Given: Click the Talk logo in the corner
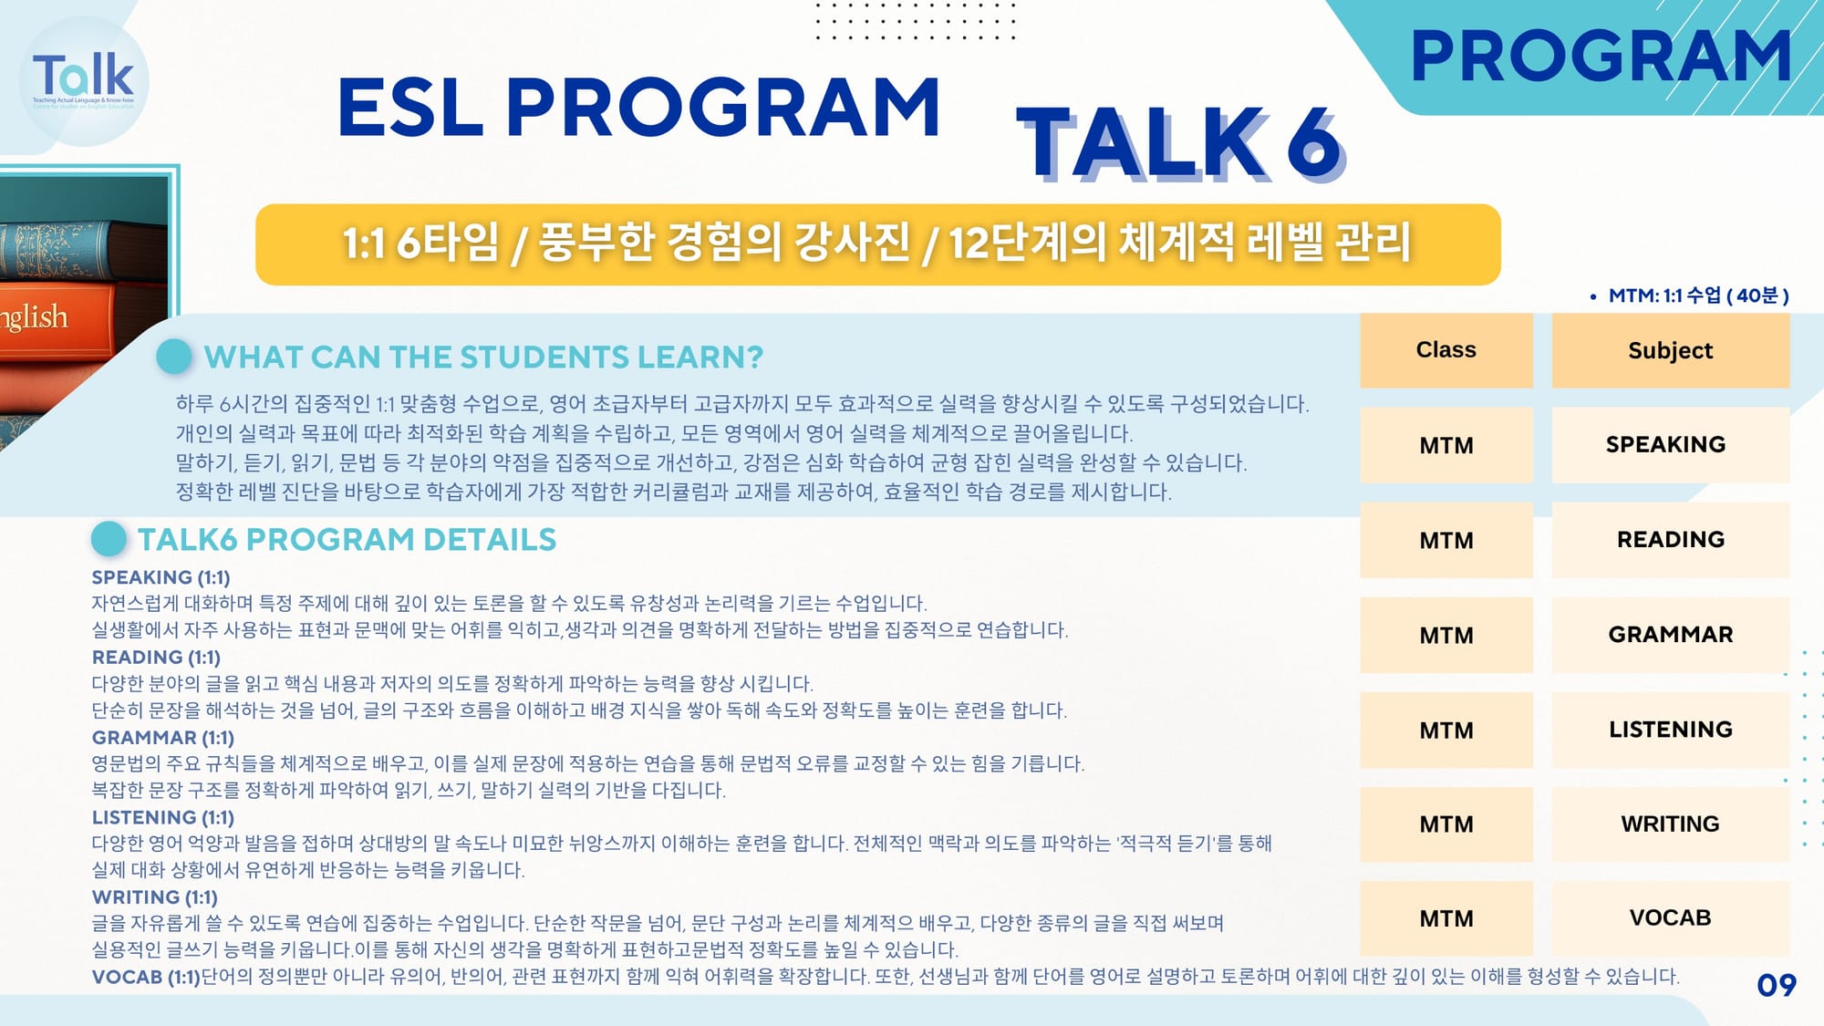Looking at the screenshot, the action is tap(83, 81).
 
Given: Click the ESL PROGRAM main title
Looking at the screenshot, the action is tap(638, 108).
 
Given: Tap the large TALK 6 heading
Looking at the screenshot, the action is tap(1180, 143).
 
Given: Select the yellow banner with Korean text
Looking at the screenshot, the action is tap(877, 244).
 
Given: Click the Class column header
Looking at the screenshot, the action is tap(1446, 350).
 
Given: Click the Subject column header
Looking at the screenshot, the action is tap(1671, 350).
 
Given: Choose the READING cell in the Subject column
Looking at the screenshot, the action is tap(1671, 540).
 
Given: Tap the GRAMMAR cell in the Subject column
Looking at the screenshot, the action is tap(1671, 635).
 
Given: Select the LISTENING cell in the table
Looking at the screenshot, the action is tap(1671, 730).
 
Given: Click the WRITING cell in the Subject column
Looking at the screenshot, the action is tap(1671, 824).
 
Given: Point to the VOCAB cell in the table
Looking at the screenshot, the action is tap(1671, 918).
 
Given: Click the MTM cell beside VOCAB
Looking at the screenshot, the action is tap(1446, 918).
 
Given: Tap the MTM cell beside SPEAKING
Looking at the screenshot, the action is tap(1446, 445).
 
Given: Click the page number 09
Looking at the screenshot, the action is tap(1777, 985).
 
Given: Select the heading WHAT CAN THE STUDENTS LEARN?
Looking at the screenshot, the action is tap(483, 357).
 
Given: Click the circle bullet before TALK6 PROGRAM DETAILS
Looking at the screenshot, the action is tap(109, 539).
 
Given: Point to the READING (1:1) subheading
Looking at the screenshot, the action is tap(156, 658).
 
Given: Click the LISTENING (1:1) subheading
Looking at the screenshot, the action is tap(163, 817).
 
